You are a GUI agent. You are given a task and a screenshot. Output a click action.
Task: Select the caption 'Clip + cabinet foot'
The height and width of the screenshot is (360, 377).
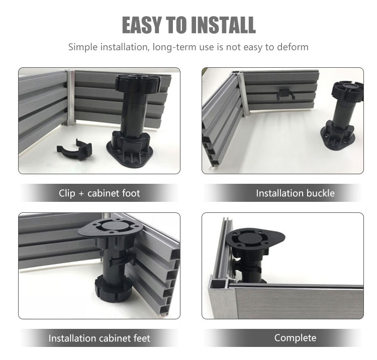pyautogui.click(x=100, y=193)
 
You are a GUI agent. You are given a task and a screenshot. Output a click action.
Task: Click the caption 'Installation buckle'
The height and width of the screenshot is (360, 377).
pyautogui.click(x=295, y=193)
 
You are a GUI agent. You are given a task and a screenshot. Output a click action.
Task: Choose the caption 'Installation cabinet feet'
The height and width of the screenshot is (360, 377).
pyautogui.click(x=100, y=338)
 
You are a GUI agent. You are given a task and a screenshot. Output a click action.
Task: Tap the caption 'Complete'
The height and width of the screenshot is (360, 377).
pyautogui.click(x=295, y=338)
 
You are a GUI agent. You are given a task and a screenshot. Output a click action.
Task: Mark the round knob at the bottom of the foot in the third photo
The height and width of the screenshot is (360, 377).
pyautogui.click(x=113, y=289)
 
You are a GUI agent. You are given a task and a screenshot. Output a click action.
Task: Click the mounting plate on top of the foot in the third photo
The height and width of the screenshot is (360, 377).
pyautogui.click(x=111, y=227)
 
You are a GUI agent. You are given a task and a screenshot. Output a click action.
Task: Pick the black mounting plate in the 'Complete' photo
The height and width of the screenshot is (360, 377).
pyautogui.click(x=255, y=238)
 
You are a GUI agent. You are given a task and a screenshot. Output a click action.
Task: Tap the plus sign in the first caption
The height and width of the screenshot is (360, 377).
pyautogui.click(x=81, y=194)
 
